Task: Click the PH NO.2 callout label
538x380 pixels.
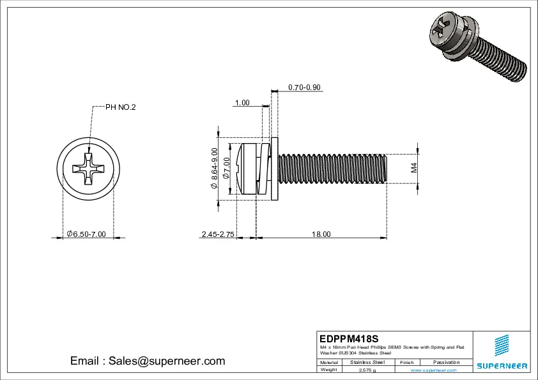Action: point(120,107)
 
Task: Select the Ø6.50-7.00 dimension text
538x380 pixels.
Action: point(86,234)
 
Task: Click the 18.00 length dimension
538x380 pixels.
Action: point(321,234)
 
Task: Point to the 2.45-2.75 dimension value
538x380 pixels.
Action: point(218,234)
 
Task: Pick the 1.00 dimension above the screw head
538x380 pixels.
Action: point(242,103)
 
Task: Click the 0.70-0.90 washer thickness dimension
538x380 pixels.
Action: point(304,87)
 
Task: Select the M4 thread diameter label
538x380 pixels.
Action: point(414,168)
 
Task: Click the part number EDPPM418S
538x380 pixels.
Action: point(349,338)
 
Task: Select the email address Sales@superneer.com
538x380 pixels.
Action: point(148,361)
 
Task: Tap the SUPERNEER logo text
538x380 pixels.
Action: point(502,366)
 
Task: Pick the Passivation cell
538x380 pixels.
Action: point(446,362)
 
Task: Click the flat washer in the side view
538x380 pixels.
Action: point(275,169)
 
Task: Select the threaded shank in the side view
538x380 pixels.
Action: point(332,169)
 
